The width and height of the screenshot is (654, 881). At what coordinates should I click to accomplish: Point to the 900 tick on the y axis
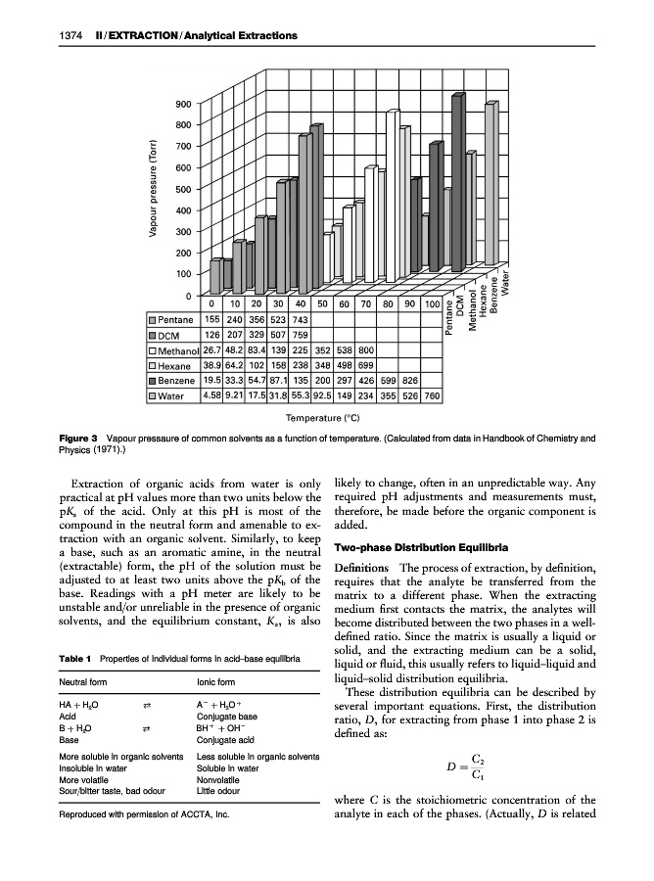pos(182,105)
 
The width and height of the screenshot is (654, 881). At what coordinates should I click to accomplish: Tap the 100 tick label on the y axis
pos(182,275)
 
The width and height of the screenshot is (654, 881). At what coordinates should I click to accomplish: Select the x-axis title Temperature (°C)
pos(326,417)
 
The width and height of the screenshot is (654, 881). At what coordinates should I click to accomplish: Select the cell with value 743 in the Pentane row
pos(302,320)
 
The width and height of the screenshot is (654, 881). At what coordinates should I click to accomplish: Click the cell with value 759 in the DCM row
pos(302,336)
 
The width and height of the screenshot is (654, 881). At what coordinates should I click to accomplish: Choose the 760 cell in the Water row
pos(433,396)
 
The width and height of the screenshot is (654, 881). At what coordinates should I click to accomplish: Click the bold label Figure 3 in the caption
pos(79,439)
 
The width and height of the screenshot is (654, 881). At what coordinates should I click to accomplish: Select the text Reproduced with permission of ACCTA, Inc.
pos(142,841)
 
